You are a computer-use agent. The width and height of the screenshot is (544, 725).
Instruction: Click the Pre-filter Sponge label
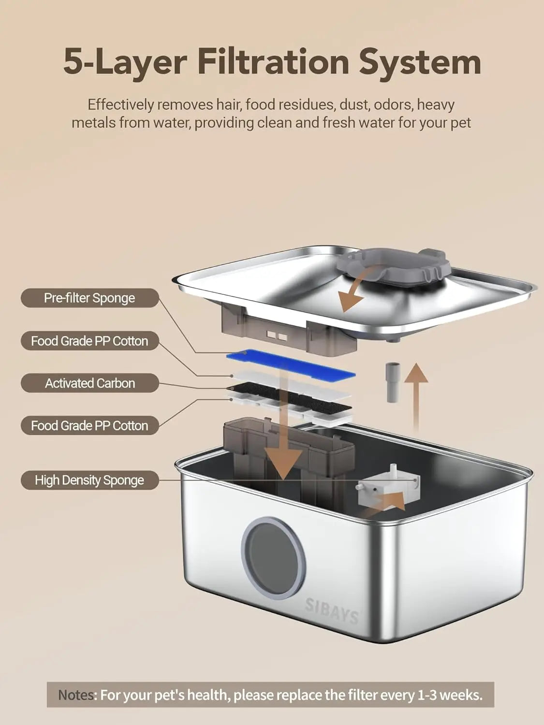click(x=89, y=298)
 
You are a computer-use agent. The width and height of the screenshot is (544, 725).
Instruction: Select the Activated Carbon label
click(x=89, y=383)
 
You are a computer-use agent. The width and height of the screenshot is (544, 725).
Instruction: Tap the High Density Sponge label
click(x=89, y=480)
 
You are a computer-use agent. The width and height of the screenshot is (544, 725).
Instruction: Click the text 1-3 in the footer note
click(x=426, y=695)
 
